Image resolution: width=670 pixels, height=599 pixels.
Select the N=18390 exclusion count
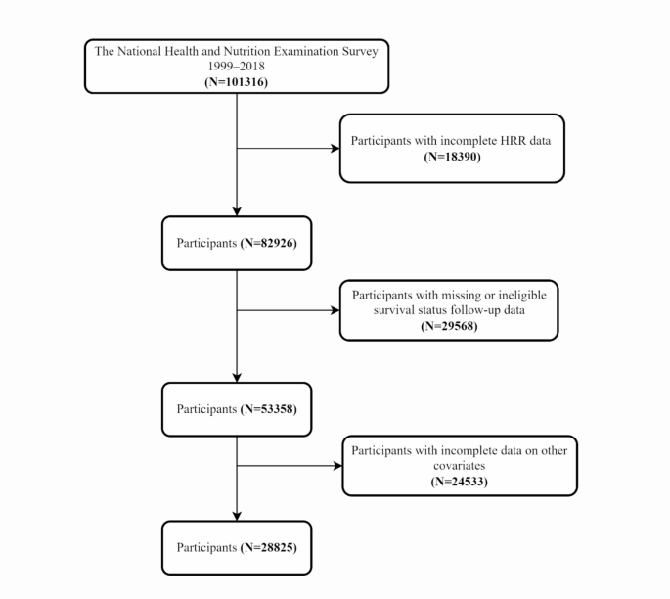452,156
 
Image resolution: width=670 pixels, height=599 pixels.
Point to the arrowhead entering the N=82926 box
237,209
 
